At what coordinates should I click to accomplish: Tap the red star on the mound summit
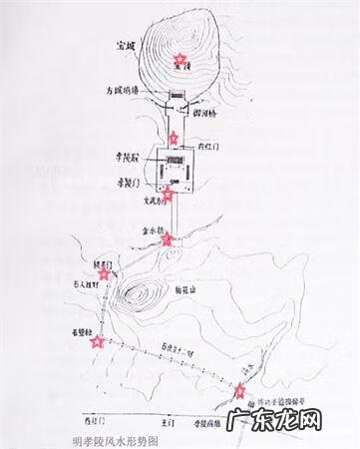tap(180, 61)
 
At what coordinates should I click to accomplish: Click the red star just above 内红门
tap(174, 137)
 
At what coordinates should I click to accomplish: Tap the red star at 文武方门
tap(169, 194)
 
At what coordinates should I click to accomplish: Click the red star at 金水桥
tap(168, 237)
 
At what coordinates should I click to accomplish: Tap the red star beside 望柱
tap(97, 341)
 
